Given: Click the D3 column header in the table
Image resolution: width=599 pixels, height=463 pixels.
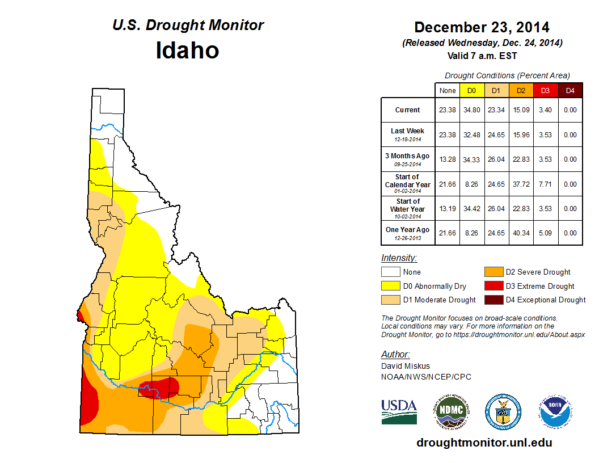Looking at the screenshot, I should tap(545, 90).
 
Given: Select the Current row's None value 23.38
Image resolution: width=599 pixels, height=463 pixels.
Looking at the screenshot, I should tap(448, 110).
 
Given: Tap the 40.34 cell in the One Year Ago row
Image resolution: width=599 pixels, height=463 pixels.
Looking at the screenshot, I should tap(520, 233).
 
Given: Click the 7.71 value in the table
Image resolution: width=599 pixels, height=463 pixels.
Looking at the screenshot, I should tap(545, 184).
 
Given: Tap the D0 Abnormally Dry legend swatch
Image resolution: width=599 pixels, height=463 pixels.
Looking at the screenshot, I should tap(390, 286).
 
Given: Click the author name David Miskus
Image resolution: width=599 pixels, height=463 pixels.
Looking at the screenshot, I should tap(406, 367).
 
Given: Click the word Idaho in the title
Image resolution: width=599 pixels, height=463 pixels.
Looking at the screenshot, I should tap(187, 50).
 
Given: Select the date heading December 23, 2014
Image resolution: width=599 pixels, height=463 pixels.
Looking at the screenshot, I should tap(482, 27).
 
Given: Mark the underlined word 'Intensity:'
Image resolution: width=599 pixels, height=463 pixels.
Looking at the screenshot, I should tap(399, 258).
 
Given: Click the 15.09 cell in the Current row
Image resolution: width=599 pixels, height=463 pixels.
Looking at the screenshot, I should tap(520, 110).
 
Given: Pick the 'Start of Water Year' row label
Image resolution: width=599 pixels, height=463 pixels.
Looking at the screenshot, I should tap(407, 208).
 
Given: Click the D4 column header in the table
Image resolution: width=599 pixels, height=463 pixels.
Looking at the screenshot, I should tap(570, 90).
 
